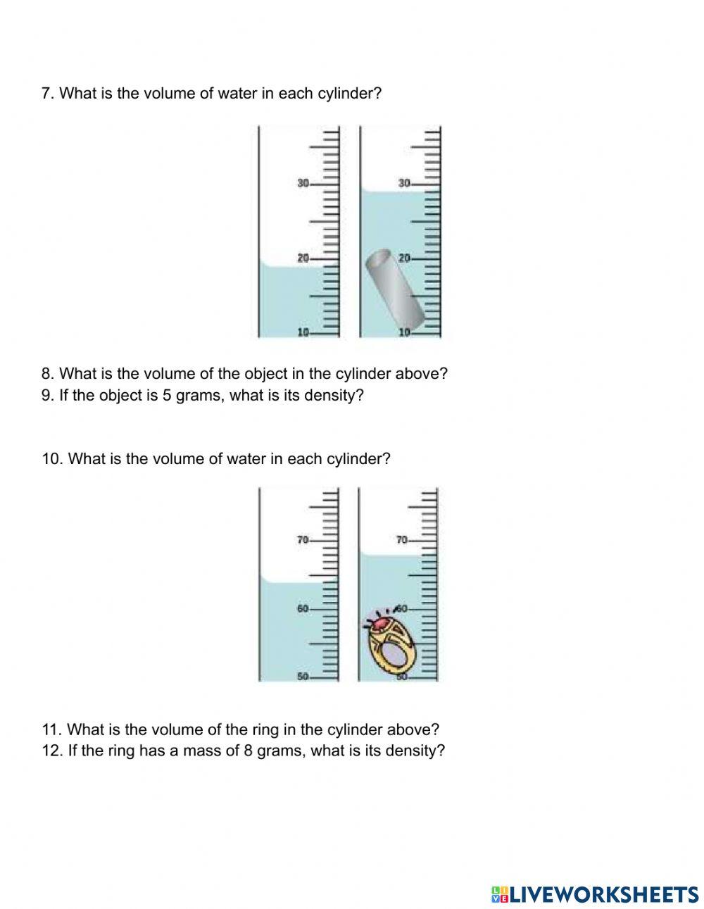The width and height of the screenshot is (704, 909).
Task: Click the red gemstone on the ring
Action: tap(381, 622)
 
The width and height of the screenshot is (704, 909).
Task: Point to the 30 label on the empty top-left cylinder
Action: tap(303, 183)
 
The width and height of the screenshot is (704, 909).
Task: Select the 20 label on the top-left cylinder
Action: tap(303, 258)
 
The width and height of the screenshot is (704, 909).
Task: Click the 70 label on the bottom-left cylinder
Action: tap(303, 540)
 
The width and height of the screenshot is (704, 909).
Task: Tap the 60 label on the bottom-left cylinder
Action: tap(303, 608)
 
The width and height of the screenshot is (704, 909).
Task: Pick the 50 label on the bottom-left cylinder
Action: tap(303, 677)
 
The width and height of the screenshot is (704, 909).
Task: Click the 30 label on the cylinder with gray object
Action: tap(404, 183)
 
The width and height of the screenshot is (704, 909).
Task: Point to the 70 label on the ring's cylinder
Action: tap(402, 540)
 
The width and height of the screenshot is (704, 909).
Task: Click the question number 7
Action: tap(48, 93)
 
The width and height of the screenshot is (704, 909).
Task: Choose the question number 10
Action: tap(53, 458)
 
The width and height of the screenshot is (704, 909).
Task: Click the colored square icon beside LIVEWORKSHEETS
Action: tap(500, 894)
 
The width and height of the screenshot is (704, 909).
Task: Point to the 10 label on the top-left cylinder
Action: tap(303, 332)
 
